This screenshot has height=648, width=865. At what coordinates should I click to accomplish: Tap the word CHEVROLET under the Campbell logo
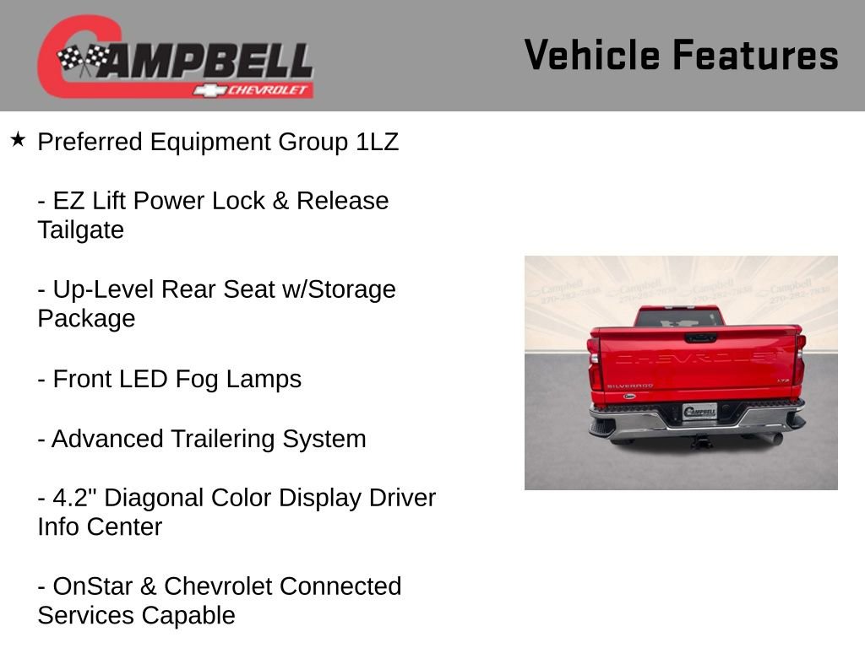(268, 90)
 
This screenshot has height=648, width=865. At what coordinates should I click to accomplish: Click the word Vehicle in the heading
(591, 56)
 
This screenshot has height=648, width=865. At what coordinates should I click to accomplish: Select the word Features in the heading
(755, 56)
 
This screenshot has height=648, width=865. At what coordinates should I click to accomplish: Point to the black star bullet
(18, 139)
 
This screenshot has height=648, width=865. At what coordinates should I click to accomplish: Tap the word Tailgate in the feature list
(80, 230)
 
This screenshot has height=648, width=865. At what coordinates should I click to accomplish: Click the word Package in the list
(86, 319)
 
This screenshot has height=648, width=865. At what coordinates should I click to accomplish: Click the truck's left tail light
(595, 365)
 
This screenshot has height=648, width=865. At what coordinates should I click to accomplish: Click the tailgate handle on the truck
(700, 337)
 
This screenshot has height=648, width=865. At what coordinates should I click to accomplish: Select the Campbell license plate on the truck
(699, 412)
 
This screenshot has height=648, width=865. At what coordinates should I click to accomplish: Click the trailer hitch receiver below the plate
(700, 440)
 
